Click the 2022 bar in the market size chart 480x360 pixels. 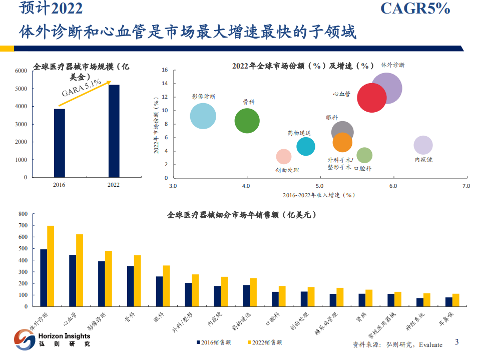pyautogui.click(x=114, y=131)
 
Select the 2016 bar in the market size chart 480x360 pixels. pyautogui.click(x=60, y=143)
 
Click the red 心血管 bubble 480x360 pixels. pyautogui.click(x=371, y=97)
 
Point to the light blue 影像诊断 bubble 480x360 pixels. pyautogui.click(x=203, y=117)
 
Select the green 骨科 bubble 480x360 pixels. pyautogui.click(x=247, y=121)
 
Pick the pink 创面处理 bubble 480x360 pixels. pyautogui.click(x=283, y=157)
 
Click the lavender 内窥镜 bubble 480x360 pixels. pyautogui.click(x=423, y=145)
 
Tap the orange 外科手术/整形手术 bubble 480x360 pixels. pyautogui.click(x=342, y=143)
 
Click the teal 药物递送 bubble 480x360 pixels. pyautogui.click(x=306, y=147)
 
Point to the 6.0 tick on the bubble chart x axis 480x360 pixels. pyautogui.click(x=393, y=186)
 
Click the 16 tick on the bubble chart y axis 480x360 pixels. pyautogui.click(x=165, y=70)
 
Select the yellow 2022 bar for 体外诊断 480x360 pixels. pyautogui.click(x=51, y=266)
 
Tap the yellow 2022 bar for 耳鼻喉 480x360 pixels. pyautogui.click(x=456, y=300)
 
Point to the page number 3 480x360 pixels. pyautogui.click(x=456, y=342)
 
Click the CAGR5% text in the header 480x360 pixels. pyautogui.click(x=415, y=9)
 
